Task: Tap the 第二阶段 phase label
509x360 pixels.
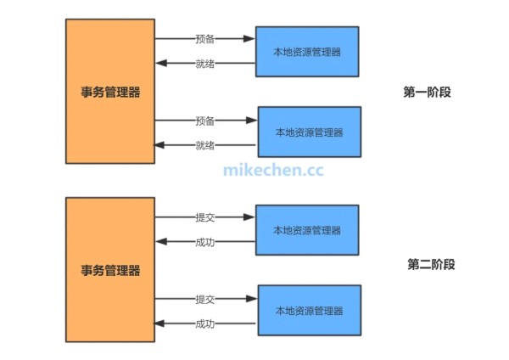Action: click(431, 265)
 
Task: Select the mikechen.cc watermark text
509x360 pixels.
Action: click(273, 169)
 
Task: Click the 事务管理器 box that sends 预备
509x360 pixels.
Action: click(110, 91)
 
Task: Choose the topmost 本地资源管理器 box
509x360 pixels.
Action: click(306, 52)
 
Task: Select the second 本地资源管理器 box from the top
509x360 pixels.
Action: click(309, 132)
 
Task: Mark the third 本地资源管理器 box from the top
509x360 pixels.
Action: click(306, 230)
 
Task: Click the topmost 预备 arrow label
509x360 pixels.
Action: click(204, 39)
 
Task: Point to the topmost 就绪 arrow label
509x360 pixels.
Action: click(204, 64)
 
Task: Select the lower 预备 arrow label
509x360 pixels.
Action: click(204, 121)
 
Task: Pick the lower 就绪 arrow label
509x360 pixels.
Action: click(204, 145)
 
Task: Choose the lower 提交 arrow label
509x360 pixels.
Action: click(204, 299)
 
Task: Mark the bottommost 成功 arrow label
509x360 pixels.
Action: click(204, 323)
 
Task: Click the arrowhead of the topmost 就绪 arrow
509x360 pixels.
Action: click(159, 64)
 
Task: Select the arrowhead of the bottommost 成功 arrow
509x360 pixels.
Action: click(159, 323)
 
